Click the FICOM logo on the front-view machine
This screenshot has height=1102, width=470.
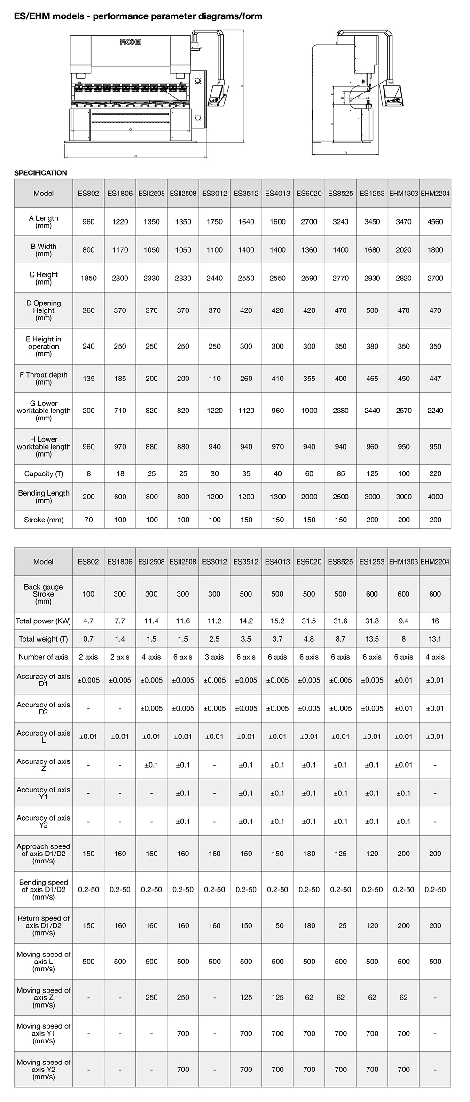[130, 42]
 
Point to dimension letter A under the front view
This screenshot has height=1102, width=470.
[135, 155]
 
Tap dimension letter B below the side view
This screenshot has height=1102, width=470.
[345, 153]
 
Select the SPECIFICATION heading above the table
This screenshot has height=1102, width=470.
[40, 173]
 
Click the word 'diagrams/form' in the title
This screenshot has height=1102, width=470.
[232, 16]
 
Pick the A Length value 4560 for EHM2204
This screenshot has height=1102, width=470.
[435, 222]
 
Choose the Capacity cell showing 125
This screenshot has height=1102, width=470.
[372, 473]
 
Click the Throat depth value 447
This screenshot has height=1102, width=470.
[435, 378]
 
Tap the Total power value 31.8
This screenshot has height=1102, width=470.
[372, 621]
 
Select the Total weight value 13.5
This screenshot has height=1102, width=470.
[372, 639]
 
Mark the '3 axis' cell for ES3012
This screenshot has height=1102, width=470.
[214, 657]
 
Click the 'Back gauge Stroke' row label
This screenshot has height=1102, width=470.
[43, 594]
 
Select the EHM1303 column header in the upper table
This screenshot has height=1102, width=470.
[403, 193]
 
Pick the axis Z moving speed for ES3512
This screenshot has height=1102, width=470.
[246, 997]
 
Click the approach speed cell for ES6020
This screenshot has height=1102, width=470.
[309, 854]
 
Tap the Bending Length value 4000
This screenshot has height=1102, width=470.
[435, 497]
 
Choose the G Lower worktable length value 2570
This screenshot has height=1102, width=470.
[403, 411]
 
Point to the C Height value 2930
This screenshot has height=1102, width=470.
[372, 278]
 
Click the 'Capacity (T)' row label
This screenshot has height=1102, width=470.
[43, 473]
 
